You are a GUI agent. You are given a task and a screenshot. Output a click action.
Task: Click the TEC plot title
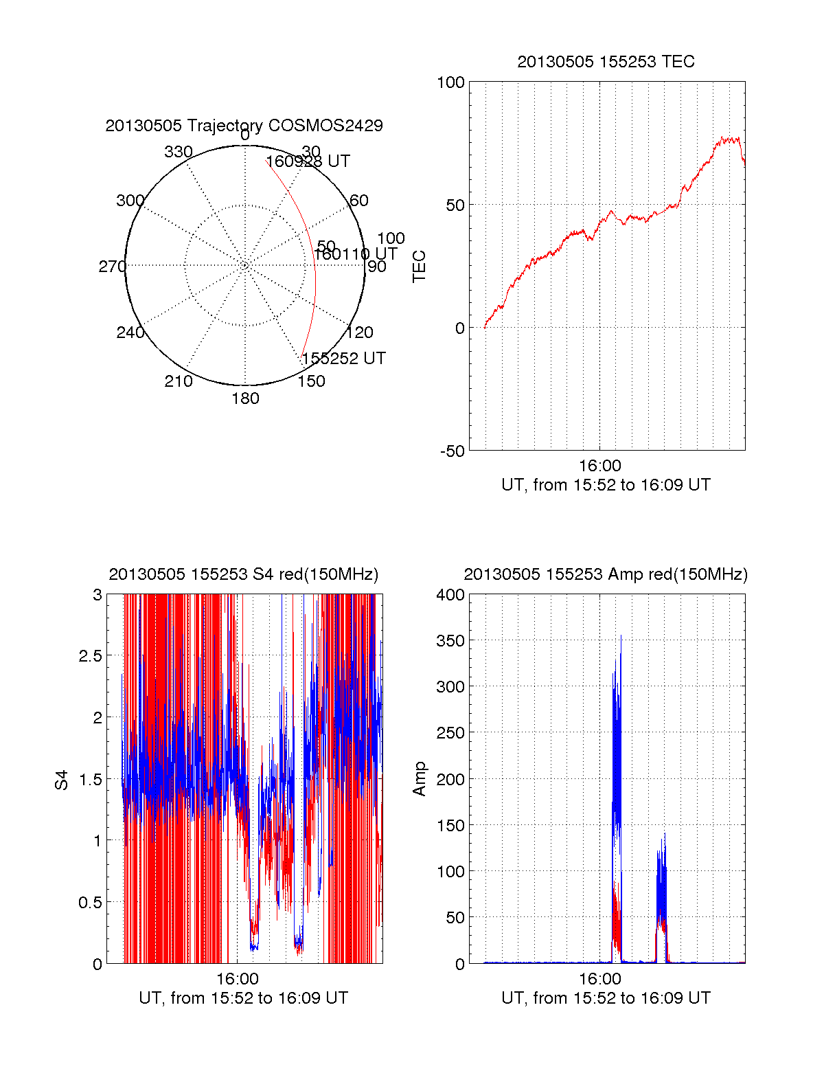tap(606, 62)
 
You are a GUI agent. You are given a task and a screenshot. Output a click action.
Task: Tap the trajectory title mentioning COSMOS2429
tap(244, 126)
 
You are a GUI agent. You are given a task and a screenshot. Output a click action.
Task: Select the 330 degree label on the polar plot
tap(179, 152)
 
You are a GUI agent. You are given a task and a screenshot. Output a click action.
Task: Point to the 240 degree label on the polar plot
tap(130, 333)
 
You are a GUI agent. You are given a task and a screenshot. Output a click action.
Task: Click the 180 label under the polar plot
tap(245, 398)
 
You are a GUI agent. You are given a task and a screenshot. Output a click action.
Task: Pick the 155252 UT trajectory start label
tap(343, 359)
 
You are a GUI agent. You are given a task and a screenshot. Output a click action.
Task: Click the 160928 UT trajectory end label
tap(308, 161)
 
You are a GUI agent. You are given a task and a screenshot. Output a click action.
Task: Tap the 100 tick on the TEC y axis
tap(450, 82)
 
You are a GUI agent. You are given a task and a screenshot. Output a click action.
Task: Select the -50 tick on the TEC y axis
tap(453, 451)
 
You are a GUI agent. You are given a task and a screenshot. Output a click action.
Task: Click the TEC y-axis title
tap(419, 267)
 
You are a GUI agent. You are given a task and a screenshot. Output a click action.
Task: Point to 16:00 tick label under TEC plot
tap(599, 466)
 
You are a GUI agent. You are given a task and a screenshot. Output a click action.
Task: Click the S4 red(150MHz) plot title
tap(244, 574)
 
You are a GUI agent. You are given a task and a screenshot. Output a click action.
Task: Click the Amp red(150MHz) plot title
tap(606, 574)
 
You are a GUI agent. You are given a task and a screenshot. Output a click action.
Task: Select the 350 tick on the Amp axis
tap(450, 641)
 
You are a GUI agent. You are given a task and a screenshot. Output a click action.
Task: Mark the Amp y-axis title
tap(419, 779)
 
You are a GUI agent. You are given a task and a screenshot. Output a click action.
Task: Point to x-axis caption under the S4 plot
tap(243, 998)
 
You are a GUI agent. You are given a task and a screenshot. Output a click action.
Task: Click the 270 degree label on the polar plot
tap(112, 267)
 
